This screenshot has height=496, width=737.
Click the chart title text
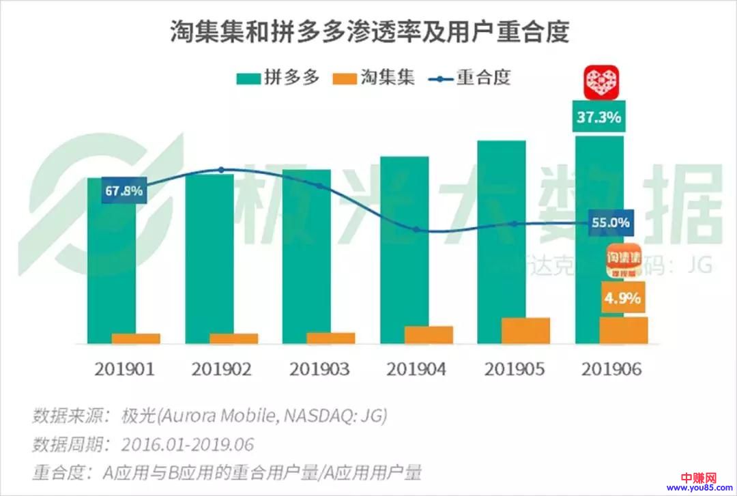(369, 33)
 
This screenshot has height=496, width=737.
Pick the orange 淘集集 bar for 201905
(525, 330)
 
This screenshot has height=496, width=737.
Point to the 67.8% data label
(124, 191)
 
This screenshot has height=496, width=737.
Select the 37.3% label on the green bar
(598, 117)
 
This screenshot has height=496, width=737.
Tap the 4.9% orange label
(624, 298)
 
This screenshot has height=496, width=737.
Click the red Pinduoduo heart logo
(601, 82)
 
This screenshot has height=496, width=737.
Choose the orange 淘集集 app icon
(624, 261)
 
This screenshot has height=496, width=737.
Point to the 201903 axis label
(319, 369)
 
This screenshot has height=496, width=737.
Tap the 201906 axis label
(612, 369)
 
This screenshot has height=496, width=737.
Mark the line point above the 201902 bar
(220, 169)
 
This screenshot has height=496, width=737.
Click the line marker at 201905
(514, 224)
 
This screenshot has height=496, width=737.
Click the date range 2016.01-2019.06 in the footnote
(188, 445)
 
